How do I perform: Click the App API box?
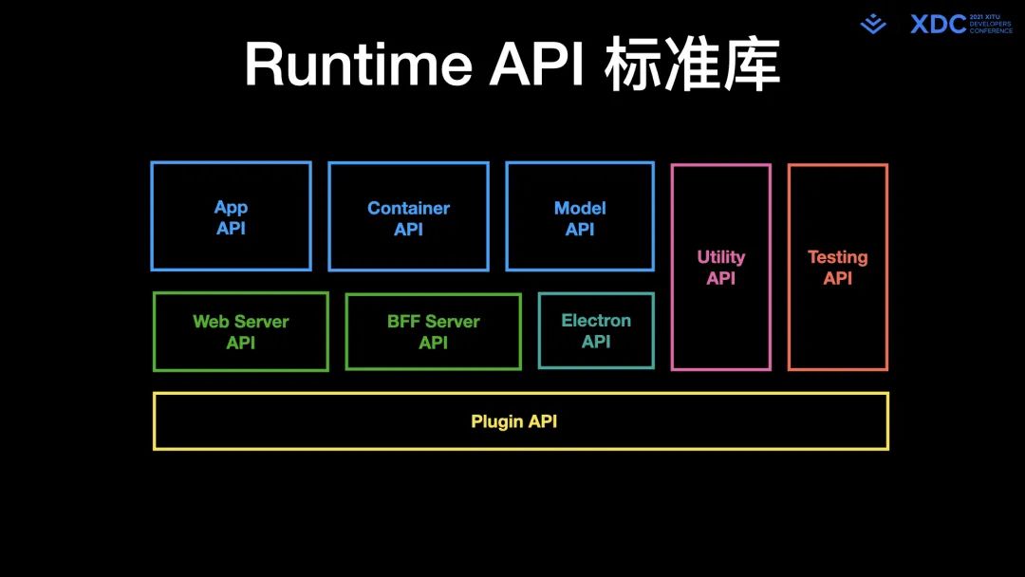coord(231,216)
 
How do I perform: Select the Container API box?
coord(408,216)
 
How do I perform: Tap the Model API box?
coord(580,216)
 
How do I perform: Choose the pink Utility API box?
coord(721,267)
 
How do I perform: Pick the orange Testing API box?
coord(837,267)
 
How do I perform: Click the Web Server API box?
coord(241,331)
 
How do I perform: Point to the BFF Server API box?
coord(433,331)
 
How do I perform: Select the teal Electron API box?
coord(596,330)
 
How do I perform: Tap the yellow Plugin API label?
coord(514,420)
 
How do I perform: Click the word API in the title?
coord(536,65)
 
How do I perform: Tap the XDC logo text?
coord(938,24)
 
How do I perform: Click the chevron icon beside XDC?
coord(873,25)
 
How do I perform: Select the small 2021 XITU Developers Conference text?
coord(990,24)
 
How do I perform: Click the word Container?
coord(408,208)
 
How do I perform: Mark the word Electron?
coord(596,321)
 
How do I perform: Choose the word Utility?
coord(721,257)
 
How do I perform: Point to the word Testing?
coord(837,257)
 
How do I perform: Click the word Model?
coord(580,208)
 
